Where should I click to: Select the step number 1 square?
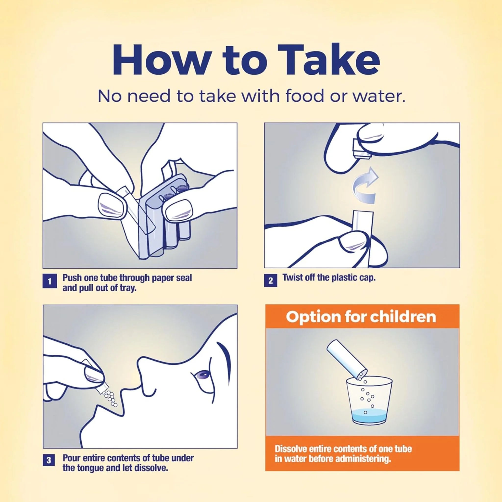[49, 282]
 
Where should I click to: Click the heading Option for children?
[361, 317]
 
